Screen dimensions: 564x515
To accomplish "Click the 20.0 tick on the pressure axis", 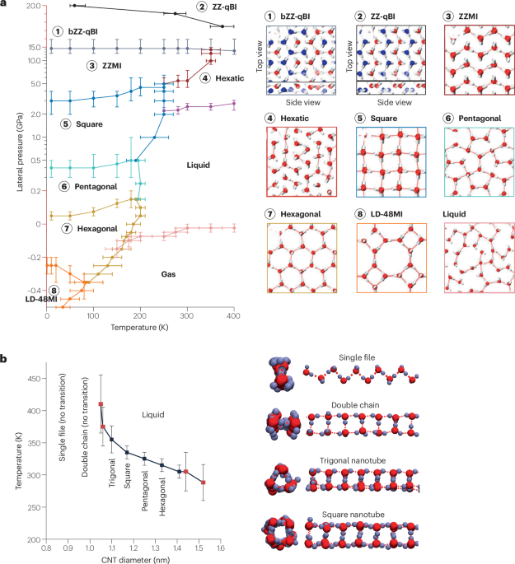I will [x=32, y=7].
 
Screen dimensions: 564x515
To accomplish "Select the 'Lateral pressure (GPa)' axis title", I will [x=17, y=148].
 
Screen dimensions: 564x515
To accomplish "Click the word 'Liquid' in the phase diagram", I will [x=198, y=165].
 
